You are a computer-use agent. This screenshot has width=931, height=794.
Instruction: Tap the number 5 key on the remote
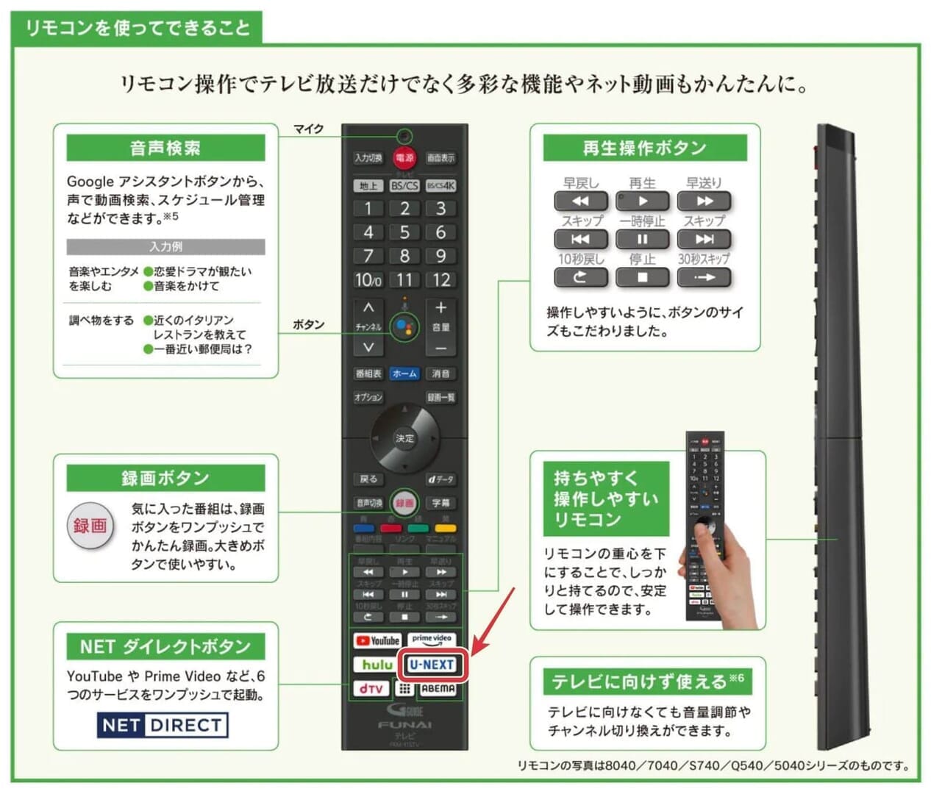(404, 232)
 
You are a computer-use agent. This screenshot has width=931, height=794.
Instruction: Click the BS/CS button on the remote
(404, 186)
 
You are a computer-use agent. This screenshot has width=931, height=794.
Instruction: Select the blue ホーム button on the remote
(404, 373)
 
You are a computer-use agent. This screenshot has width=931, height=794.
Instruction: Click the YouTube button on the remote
(377, 641)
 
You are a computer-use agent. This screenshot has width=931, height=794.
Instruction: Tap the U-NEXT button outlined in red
(432, 665)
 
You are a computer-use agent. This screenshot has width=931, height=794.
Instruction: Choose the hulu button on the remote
(377, 665)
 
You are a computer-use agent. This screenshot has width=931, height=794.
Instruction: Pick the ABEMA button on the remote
(438, 689)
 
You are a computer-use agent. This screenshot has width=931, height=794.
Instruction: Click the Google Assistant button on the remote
(404, 327)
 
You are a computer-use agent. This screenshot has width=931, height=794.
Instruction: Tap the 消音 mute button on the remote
(440, 373)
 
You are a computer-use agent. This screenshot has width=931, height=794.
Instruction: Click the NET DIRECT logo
(163, 725)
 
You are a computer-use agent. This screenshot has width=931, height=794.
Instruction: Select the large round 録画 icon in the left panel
(90, 525)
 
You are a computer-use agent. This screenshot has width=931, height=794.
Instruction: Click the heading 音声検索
(165, 148)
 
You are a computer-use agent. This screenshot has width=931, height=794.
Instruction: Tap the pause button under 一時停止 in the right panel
(642, 239)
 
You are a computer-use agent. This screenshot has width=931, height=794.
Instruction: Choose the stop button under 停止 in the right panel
(642, 277)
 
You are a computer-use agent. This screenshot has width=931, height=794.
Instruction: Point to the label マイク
(308, 129)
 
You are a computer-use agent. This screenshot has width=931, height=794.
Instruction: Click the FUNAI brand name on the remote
(404, 725)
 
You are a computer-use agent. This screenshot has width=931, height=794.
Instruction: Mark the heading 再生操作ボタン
(644, 148)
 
